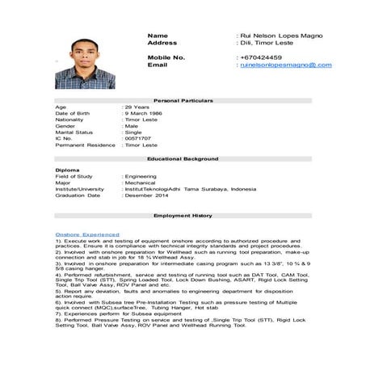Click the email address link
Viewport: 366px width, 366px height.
click(x=285, y=65)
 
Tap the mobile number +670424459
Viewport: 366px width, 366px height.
click(x=261, y=57)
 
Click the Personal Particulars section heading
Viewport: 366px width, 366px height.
click(x=183, y=99)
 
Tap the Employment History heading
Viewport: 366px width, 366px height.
click(x=183, y=216)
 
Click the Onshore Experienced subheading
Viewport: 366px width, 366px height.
click(x=87, y=234)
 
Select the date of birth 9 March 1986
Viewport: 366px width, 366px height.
click(x=144, y=113)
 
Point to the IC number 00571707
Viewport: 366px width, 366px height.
click(x=137, y=138)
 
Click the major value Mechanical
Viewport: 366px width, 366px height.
click(x=141, y=183)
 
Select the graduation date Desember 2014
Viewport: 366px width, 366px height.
click(x=148, y=196)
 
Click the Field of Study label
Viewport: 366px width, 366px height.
click(x=74, y=176)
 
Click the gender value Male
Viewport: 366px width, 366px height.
click(x=131, y=126)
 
